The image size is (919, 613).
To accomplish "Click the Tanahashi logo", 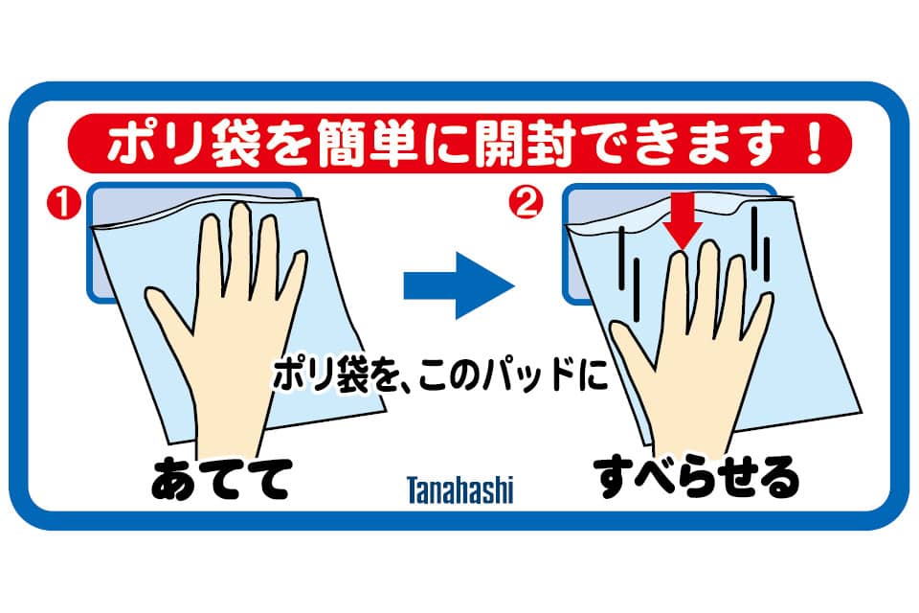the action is pos(460,490).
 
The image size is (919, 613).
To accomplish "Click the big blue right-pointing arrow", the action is pos(459,285).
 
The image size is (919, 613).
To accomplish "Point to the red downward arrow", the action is pos(683,220).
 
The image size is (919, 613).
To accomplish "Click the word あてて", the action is pos(221,479).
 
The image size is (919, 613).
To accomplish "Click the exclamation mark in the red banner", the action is pos(815,143).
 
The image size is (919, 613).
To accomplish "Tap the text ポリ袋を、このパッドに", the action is pos(440,375).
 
